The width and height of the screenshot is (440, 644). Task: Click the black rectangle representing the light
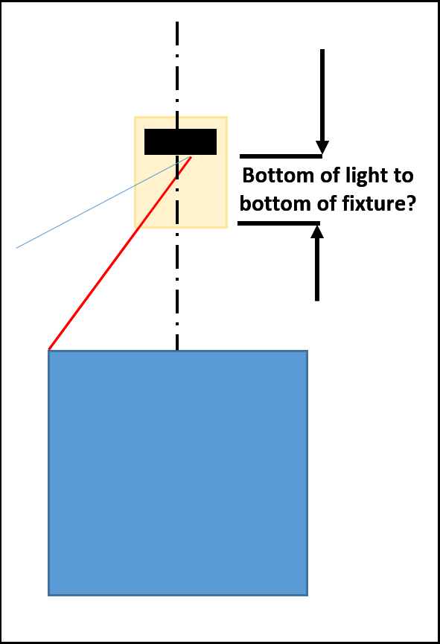[x=180, y=141]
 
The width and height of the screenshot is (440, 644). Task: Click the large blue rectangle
[x=178, y=473]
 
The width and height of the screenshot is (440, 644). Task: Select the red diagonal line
[x=120, y=253]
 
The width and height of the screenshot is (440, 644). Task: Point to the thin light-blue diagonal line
[x=103, y=202]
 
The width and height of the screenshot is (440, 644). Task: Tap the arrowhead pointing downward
[x=322, y=147]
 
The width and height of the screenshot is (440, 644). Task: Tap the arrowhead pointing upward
[x=317, y=232]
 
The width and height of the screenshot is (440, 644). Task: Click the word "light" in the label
[x=367, y=176]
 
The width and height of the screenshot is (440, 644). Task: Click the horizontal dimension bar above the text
[x=281, y=156]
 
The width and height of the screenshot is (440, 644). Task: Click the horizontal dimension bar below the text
[x=278, y=223]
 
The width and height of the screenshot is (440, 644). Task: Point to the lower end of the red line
[x=49, y=349]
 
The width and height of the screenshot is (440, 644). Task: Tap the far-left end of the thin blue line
[x=16, y=248]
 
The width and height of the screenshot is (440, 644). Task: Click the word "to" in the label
[x=404, y=176]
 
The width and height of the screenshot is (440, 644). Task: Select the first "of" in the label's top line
[x=330, y=176]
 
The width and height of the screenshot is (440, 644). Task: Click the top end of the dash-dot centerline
[x=177, y=22]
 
